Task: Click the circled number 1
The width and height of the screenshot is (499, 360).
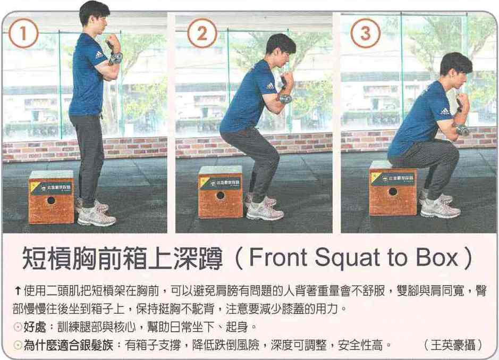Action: pyautogui.click(x=23, y=33)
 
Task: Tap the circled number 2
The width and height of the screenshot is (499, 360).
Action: pyautogui.click(x=202, y=33)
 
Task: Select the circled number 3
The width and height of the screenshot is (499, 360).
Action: pyautogui.click(x=365, y=33)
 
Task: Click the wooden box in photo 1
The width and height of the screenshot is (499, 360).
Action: pyautogui.click(x=51, y=197)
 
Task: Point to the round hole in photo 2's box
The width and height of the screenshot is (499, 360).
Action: pyautogui.click(x=220, y=195)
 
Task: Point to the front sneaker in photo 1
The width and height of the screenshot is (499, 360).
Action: pyautogui.click(x=96, y=217)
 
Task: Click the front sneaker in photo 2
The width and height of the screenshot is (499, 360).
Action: pyautogui.click(x=265, y=212)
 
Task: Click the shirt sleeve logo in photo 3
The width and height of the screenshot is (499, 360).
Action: pyautogui.click(x=445, y=112)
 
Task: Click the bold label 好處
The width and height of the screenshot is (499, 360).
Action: pyautogui.click(x=35, y=326)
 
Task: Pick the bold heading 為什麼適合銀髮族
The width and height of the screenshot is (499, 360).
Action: pyautogui.click(x=68, y=345)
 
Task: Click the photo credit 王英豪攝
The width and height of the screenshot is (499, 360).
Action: pyautogui.click(x=453, y=345)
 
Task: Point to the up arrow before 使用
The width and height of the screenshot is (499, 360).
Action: pyautogui.click(x=18, y=290)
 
